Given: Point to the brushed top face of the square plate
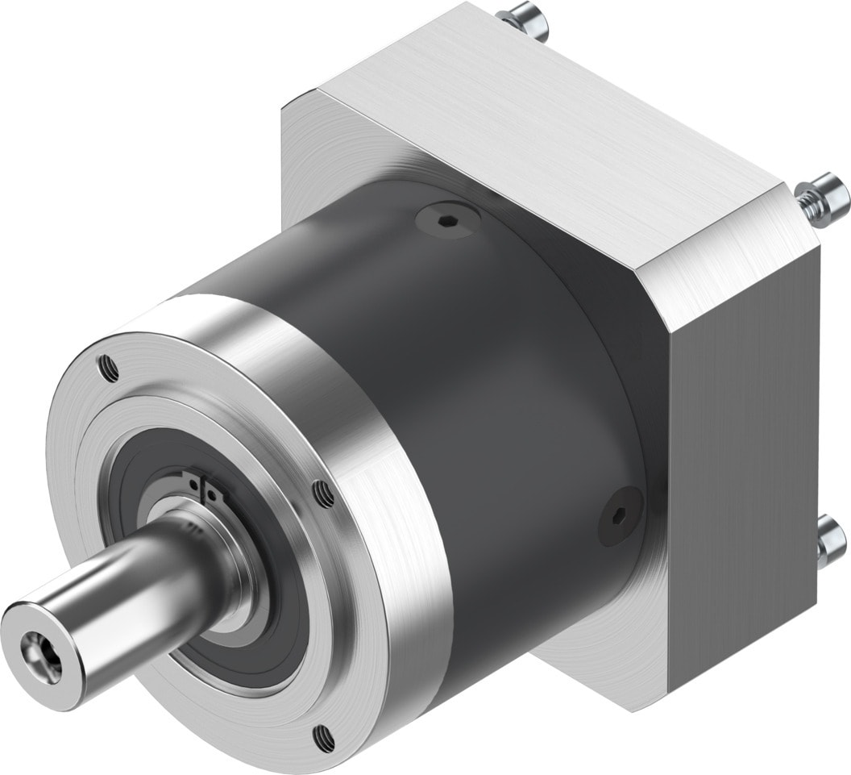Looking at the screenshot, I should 532,129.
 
